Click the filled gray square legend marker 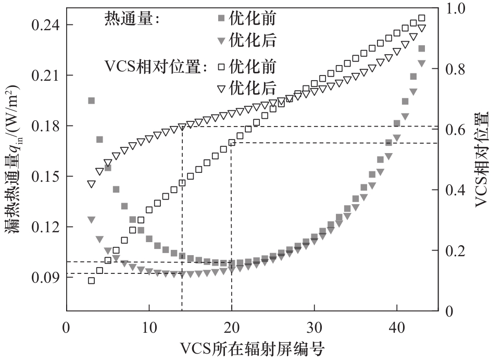click(x=221, y=19)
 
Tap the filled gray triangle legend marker click(x=221, y=40)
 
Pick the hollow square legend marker click(x=221, y=67)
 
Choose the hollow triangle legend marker click(x=221, y=88)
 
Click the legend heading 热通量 click(x=130, y=19)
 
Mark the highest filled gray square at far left click(x=91, y=101)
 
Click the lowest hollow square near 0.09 click(x=91, y=281)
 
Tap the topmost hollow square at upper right click(x=422, y=18)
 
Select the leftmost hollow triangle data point click(x=91, y=184)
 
